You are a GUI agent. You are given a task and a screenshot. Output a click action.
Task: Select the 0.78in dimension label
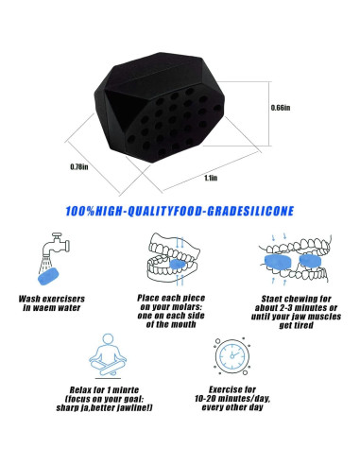[78, 168]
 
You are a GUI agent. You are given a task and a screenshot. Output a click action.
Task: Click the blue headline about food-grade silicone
[180, 213]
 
